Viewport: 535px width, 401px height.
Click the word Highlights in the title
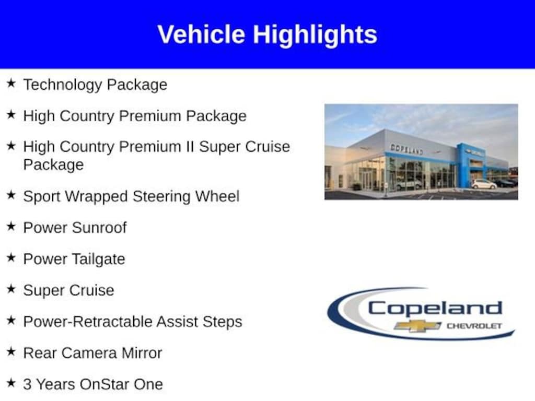click(315, 35)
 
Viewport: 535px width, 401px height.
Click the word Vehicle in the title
click(201, 34)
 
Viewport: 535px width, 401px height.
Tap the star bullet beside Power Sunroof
click(11, 227)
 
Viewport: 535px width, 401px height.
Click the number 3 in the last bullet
click(27, 384)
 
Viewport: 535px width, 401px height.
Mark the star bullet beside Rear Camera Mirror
click(11, 352)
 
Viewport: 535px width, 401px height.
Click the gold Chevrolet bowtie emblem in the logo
click(417, 326)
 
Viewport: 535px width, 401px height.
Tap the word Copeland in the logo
click(435, 308)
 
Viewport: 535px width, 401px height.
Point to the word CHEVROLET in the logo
click(474, 326)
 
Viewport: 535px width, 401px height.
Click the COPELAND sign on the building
click(406, 149)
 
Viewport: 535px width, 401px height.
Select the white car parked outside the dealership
click(484, 184)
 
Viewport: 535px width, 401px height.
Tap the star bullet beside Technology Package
click(11, 84)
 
